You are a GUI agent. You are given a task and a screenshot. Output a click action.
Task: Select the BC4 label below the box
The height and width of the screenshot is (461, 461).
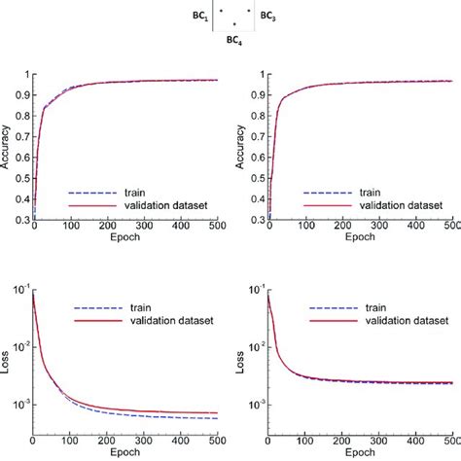234,40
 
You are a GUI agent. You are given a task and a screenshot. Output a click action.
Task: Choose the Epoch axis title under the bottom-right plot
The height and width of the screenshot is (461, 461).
359,452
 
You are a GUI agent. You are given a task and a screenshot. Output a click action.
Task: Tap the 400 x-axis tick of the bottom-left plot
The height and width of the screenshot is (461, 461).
179,443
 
